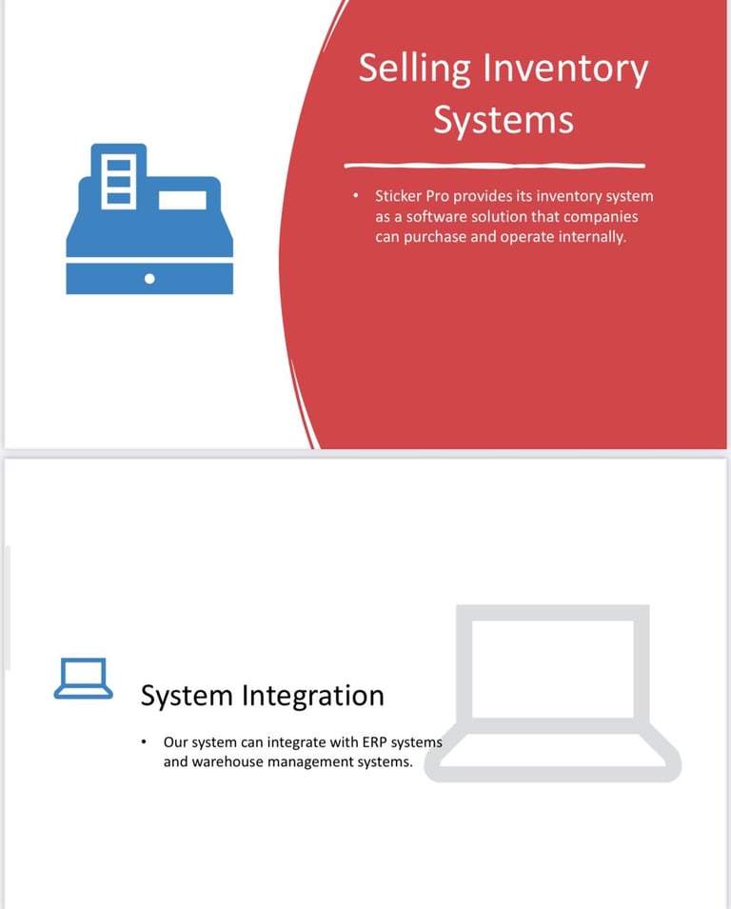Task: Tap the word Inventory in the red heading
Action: (x=565, y=69)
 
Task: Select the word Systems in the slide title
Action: (x=504, y=120)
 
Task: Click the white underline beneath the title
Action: (x=494, y=165)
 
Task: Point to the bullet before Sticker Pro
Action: (x=355, y=197)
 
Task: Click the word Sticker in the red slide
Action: (x=399, y=196)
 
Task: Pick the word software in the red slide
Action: (x=445, y=216)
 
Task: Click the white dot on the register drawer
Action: (x=149, y=278)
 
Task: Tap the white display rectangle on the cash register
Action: (x=183, y=200)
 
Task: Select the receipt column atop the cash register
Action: (x=119, y=178)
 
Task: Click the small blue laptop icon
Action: (x=83, y=679)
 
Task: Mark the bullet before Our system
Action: (x=143, y=741)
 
